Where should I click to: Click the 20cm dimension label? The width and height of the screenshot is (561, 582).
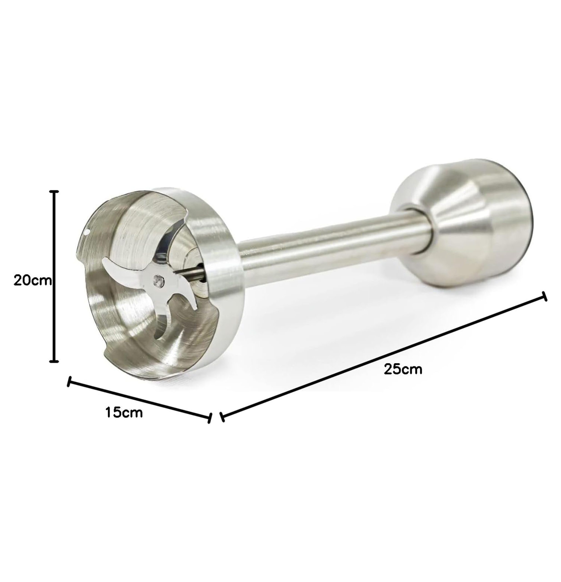pos(33,281)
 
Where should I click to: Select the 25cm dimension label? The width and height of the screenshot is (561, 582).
pos(403,369)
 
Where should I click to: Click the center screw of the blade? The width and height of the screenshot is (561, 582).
pos(158,281)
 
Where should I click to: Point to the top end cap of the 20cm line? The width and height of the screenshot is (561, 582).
pos(54,191)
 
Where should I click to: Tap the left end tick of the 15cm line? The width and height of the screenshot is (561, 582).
pos(69,381)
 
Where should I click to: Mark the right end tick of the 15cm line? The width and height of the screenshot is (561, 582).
pos(210,418)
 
